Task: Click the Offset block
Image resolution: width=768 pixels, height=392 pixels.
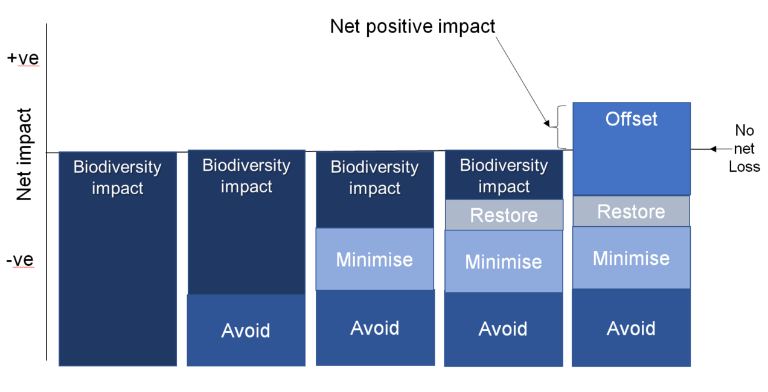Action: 632,149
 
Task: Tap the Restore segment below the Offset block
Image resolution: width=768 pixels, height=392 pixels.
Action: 631,211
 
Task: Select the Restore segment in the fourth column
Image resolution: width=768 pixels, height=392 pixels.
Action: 504,215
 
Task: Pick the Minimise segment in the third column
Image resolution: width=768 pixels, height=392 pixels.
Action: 375,259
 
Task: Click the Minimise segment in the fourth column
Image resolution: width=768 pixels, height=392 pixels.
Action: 504,261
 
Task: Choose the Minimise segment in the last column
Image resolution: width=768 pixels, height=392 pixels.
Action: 631,258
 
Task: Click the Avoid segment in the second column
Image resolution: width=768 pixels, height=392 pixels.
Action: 246,330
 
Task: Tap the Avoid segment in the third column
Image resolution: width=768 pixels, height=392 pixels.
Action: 375,328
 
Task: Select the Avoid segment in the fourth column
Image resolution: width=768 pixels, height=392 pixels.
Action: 504,329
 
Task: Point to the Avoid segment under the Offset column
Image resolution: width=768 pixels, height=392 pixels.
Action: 631,327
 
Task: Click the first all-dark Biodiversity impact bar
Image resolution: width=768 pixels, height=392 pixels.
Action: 118,259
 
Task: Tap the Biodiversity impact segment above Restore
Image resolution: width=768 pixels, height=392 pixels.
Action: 504,175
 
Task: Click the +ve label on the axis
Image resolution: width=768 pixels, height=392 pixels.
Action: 23,58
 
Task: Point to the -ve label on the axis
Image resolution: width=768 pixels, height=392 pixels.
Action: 20,260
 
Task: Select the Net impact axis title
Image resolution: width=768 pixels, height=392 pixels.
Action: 24,154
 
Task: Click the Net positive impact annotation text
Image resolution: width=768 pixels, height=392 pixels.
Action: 412,27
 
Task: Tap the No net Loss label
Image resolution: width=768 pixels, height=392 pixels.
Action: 744,148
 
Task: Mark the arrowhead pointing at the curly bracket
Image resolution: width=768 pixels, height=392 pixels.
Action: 547,123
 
